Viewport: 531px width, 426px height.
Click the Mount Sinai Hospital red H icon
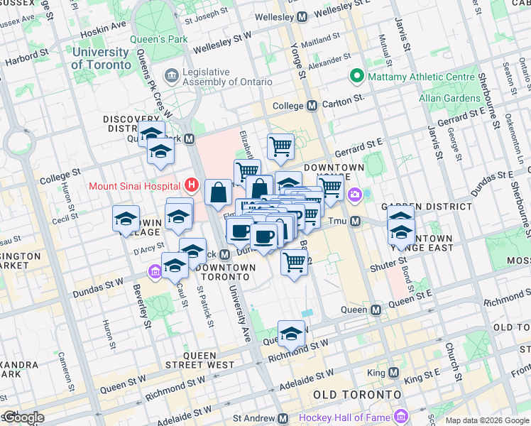(190, 186)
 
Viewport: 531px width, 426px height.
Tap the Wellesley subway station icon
(302, 16)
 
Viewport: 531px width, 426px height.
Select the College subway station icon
(312, 105)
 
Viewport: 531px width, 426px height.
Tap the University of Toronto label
(101, 58)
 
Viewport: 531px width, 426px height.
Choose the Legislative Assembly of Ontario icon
(172, 75)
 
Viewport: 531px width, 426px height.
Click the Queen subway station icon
(376, 310)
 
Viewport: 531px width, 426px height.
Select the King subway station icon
(393, 372)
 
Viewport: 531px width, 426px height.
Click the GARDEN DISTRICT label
(426, 207)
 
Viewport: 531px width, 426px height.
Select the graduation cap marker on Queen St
(291, 332)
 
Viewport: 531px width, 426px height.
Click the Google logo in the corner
(23, 417)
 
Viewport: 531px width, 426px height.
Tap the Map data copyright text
(487, 420)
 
